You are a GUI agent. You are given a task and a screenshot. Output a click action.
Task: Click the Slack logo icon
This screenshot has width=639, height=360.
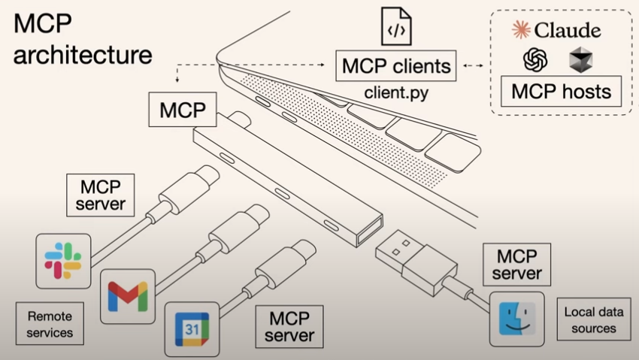click(x=63, y=261)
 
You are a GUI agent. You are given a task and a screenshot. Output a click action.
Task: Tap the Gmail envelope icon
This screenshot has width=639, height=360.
click(x=128, y=296)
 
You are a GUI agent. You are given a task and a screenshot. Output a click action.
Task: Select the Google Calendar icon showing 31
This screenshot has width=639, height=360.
click(x=192, y=329)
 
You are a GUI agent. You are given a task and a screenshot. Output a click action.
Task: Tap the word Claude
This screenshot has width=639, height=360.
click(x=568, y=30)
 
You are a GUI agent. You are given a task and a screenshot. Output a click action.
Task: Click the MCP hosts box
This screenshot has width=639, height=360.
click(x=561, y=92)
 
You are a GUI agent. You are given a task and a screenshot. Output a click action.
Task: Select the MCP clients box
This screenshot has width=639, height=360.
click(x=396, y=65)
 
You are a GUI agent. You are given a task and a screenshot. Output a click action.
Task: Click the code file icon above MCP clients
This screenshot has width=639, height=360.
click(x=396, y=29)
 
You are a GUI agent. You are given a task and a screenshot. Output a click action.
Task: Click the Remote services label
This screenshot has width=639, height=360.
click(x=50, y=323)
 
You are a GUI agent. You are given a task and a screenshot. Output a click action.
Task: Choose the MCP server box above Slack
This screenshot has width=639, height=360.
click(x=101, y=195)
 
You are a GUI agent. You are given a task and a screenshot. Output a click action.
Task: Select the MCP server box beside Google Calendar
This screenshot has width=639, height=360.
click(x=289, y=325)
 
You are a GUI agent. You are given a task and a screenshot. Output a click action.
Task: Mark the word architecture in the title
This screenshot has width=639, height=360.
click(x=83, y=55)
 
